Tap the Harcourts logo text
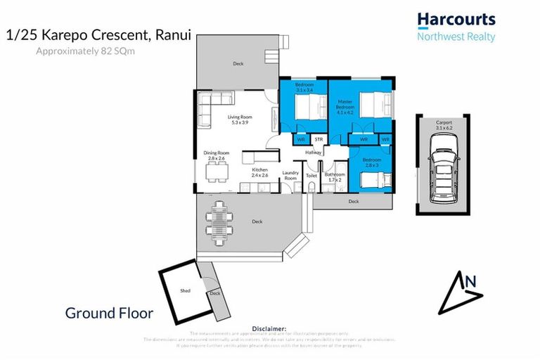pyautogui.click(x=456, y=20)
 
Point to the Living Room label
pyautogui.click(x=239, y=120)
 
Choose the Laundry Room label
pyautogui.click(x=290, y=176)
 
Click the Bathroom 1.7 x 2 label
pyautogui.click(x=334, y=176)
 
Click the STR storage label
pyautogui.click(x=319, y=139)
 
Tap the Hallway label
pyautogui.click(x=313, y=153)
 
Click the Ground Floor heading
pyautogui.click(x=109, y=314)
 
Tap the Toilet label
pyautogui.click(x=311, y=176)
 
